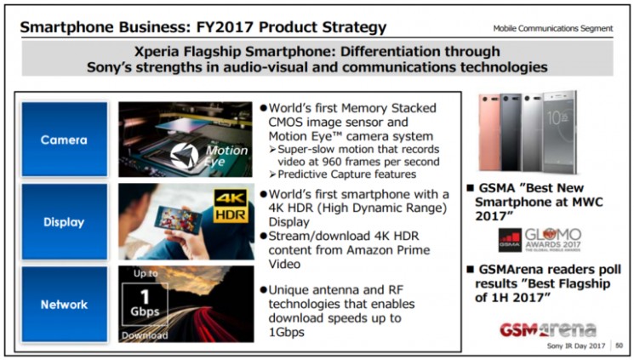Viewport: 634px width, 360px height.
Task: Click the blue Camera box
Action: [65, 139]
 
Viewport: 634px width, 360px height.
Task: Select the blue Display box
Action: [65, 221]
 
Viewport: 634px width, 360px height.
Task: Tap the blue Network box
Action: [65, 304]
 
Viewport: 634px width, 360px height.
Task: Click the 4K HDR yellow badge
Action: [231, 206]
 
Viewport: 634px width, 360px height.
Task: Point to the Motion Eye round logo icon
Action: [185, 156]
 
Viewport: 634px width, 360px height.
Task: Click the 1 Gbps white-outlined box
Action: [145, 304]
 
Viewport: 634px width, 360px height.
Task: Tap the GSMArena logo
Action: [548, 329]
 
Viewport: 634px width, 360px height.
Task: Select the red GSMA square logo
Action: [510, 240]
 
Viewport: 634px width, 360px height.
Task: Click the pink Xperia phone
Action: [489, 132]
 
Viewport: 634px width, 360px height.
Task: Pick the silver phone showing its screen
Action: [560, 132]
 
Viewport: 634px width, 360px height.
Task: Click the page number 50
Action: [619, 346]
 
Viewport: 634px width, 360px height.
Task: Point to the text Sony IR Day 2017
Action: [576, 346]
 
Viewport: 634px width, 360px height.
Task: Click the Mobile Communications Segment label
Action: [552, 28]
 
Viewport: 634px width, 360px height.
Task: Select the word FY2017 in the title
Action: [225, 27]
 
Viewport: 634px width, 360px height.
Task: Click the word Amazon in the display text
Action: [370, 249]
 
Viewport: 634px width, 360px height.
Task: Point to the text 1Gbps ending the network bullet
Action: [286, 332]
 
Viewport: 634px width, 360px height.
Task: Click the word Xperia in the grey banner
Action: [157, 51]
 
